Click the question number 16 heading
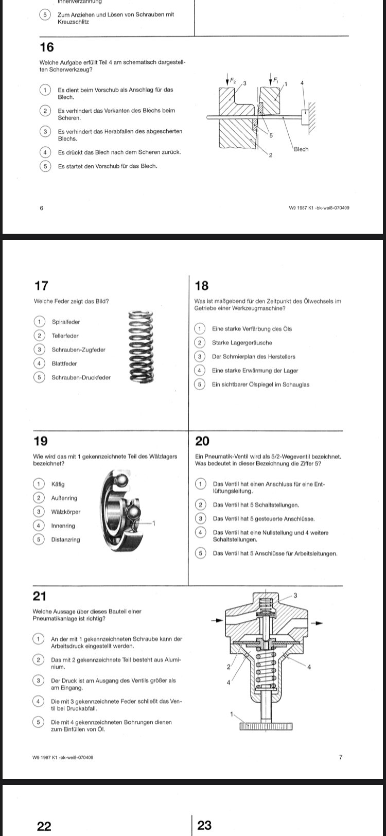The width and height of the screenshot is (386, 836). coord(46,47)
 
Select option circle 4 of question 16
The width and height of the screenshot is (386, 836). coord(45,152)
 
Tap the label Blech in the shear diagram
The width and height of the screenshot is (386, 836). coord(301,149)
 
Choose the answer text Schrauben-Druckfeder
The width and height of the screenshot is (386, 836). coord(81,377)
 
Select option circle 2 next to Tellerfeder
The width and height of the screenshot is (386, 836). coord(39,336)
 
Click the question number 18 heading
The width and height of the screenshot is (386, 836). coord(202,285)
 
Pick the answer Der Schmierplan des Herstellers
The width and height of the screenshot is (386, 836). coord(254,357)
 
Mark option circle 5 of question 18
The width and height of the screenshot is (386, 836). coord(199,385)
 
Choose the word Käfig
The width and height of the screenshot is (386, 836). coord(58,484)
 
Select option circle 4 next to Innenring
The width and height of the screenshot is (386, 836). coord(38,526)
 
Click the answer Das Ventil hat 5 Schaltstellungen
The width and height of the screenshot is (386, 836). coord(256,505)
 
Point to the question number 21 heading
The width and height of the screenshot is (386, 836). coord(40,596)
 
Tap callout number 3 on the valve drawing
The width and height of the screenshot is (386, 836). coord(295,596)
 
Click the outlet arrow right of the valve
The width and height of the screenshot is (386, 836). coord(319,623)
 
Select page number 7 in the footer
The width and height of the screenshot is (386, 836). coord(340,757)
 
